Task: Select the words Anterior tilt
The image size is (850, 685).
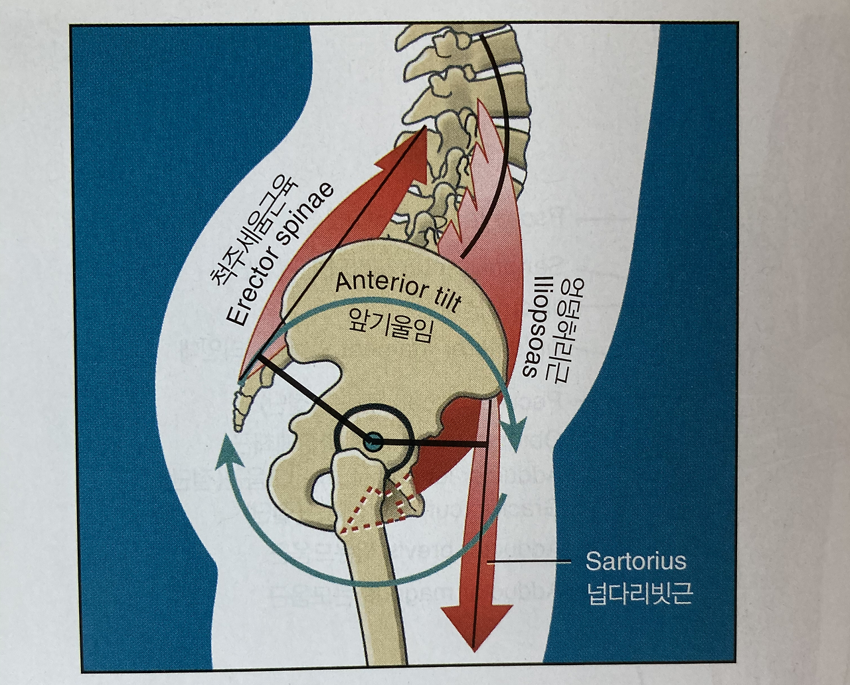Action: [x=398, y=291]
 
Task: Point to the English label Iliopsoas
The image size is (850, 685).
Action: [x=534, y=325]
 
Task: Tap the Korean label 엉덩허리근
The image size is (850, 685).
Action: [x=559, y=329]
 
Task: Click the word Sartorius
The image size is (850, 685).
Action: [x=635, y=562]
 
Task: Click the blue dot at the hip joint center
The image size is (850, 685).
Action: [x=373, y=439]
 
